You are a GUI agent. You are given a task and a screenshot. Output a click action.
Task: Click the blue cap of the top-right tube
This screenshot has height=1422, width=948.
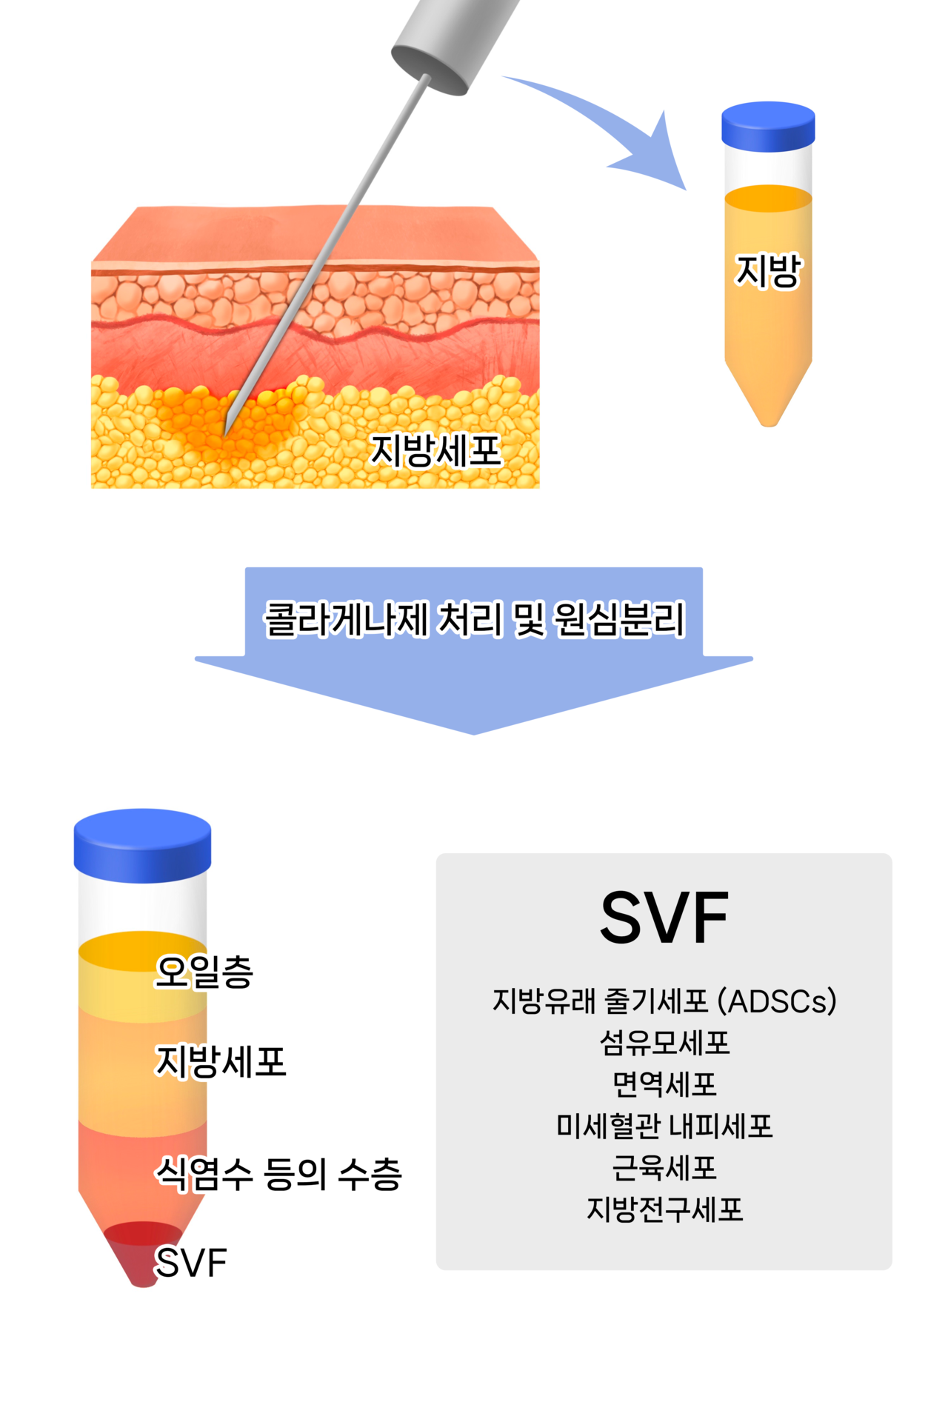click(x=768, y=126)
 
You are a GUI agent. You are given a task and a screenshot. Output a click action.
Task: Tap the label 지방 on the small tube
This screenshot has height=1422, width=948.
click(x=768, y=270)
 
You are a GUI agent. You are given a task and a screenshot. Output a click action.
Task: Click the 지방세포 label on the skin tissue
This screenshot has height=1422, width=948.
click(x=436, y=450)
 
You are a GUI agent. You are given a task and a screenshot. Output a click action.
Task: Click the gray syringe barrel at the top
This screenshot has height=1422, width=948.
click(x=452, y=41)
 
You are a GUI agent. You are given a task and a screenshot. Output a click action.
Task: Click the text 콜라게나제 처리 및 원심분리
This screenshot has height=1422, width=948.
click(x=474, y=619)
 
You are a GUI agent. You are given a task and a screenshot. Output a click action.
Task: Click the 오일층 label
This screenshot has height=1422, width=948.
click(x=204, y=972)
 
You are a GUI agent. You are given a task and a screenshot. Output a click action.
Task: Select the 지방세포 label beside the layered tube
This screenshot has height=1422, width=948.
click(x=220, y=1061)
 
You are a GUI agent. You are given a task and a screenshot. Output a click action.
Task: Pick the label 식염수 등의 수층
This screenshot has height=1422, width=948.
click(x=278, y=1174)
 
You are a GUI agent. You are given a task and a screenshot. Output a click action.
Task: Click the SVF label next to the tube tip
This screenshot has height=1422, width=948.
click(x=190, y=1263)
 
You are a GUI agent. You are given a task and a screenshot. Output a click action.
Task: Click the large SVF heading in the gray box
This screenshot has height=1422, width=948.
click(x=664, y=918)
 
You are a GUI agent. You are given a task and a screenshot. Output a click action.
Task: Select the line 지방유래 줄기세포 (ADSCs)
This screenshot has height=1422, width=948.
click(x=664, y=1001)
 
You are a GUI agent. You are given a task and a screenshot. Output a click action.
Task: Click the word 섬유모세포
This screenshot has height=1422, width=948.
click(x=664, y=1043)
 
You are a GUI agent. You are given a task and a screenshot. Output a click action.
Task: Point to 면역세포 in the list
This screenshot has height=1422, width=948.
click(x=664, y=1084)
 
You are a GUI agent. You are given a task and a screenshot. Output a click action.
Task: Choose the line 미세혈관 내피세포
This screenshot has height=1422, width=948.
click(x=664, y=1126)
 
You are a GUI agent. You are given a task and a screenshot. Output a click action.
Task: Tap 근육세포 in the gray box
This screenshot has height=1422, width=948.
click(x=664, y=1168)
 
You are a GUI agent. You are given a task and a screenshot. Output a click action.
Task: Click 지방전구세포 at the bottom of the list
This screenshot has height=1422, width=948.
click(x=664, y=1209)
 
